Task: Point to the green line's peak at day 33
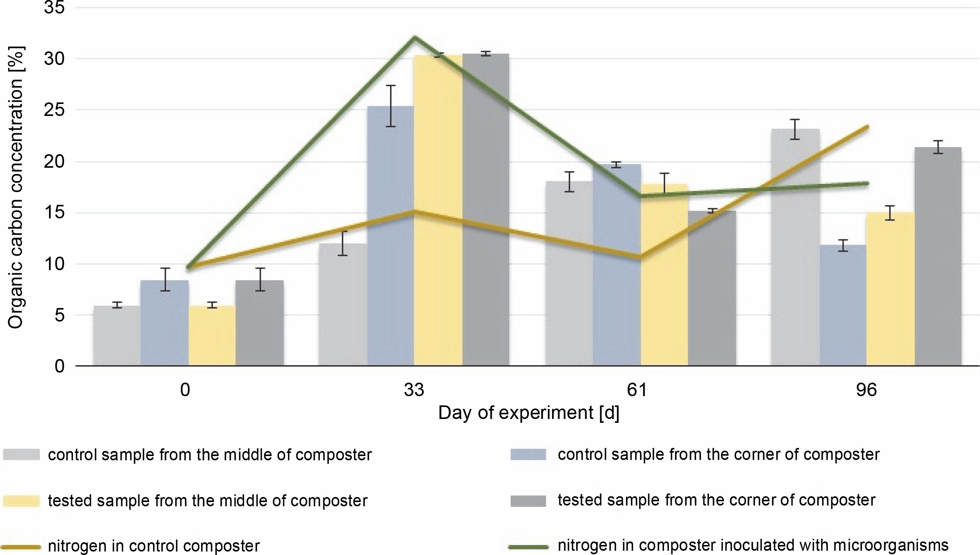414,37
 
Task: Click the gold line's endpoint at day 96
868,126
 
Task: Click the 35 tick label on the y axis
54,8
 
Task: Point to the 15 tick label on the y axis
54,213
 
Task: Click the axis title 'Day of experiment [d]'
528,413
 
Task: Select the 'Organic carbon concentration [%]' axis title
16,187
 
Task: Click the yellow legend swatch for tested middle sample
21,501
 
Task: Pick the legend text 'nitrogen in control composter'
153,546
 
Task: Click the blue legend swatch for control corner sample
528,455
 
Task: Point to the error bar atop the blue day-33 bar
391,106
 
